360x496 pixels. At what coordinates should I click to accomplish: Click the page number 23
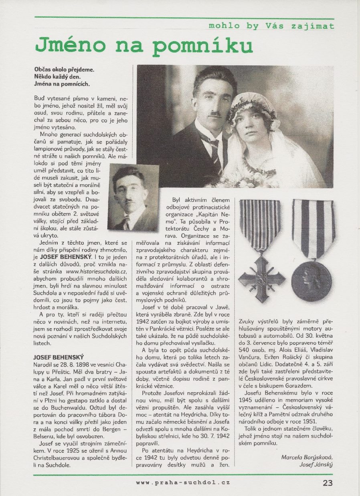point(328,483)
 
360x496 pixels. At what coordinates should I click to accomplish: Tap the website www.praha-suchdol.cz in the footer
point(183,483)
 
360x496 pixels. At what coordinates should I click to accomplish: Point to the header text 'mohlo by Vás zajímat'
point(271,26)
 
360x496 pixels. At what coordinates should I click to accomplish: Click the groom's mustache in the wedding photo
point(216,114)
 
